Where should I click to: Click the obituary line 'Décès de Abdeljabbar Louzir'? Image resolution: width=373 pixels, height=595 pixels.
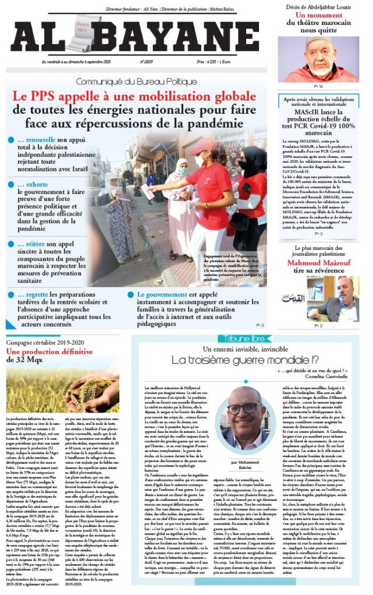click(317, 6)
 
